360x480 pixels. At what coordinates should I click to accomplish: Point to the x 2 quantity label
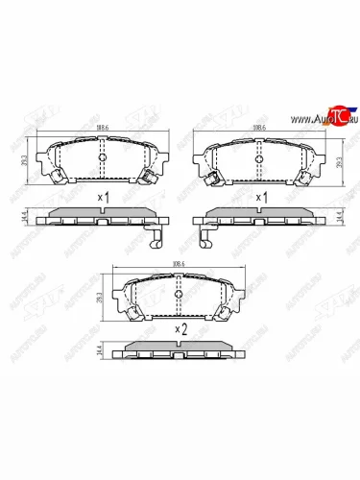pyautogui.click(x=179, y=328)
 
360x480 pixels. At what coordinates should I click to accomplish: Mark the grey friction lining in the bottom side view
pyautogui.click(x=179, y=348)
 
